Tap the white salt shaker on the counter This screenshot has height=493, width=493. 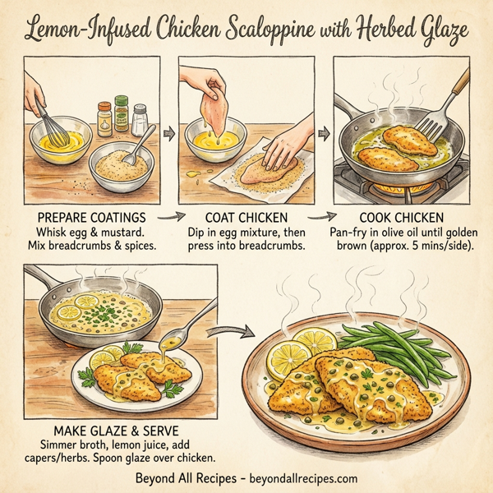[141, 119]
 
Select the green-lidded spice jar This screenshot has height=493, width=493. [122, 115]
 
